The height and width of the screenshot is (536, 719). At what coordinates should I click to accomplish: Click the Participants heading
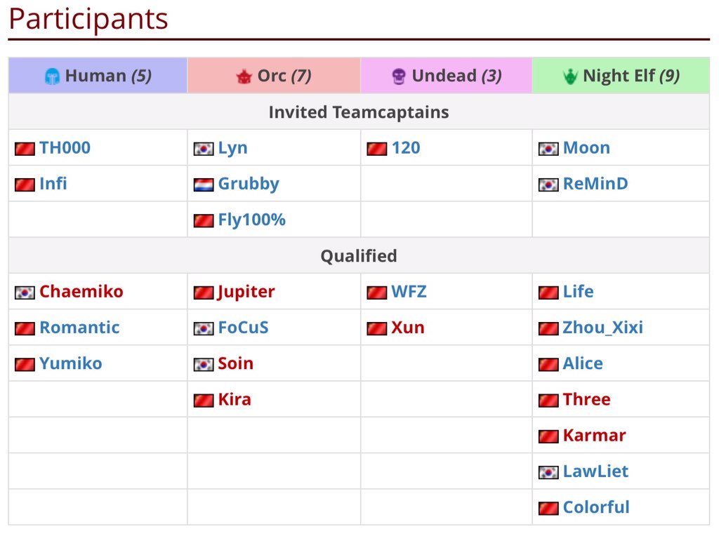88,19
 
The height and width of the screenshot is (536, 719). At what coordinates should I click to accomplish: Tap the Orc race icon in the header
244,76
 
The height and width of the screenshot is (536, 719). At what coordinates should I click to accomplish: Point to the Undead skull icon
399,76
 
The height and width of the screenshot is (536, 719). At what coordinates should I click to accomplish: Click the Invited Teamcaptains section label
359,112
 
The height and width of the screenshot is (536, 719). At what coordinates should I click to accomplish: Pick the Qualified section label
359,256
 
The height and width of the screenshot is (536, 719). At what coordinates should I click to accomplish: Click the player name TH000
65,148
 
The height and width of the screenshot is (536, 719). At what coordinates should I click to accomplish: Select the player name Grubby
249,184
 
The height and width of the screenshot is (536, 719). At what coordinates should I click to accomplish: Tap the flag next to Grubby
204,185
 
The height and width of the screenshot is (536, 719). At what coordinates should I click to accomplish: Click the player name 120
406,148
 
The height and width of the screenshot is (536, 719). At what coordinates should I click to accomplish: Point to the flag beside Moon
548,149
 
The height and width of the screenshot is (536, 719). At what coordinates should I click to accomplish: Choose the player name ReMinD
595,184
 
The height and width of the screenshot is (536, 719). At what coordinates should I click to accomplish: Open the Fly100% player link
251,220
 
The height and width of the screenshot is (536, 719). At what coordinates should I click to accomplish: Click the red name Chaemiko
81,292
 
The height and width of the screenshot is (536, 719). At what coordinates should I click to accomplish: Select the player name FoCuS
243,328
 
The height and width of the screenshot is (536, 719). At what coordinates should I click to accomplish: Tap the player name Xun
408,328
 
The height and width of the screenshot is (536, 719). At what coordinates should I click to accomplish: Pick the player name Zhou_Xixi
602,328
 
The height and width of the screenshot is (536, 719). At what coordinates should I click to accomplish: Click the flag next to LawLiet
548,472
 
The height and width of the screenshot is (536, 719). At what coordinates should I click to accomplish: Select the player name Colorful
596,507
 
